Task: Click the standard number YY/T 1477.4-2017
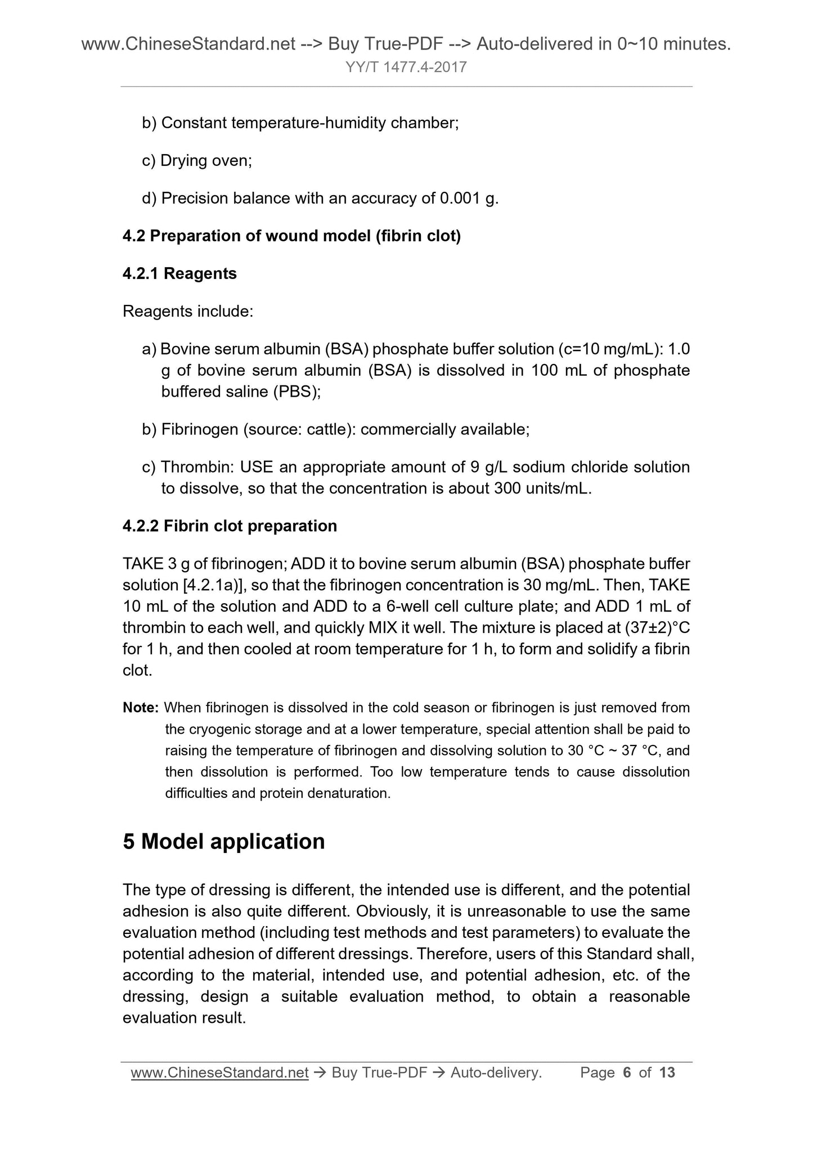[x=406, y=68]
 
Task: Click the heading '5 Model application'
[x=223, y=842]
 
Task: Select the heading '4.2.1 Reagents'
[x=179, y=273]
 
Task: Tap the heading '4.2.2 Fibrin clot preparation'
[x=230, y=525]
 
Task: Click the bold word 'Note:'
[x=141, y=708]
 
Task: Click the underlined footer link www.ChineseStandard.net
[x=219, y=1073]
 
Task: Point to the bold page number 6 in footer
[x=627, y=1073]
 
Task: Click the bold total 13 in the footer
[x=667, y=1073]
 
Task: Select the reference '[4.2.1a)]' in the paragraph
[x=213, y=585]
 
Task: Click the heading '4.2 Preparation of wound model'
[x=291, y=236]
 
